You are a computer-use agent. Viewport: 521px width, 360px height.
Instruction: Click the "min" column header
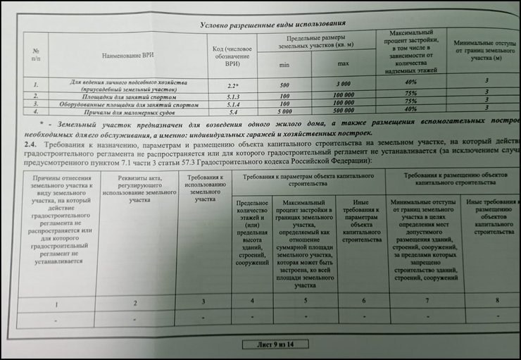282,64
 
